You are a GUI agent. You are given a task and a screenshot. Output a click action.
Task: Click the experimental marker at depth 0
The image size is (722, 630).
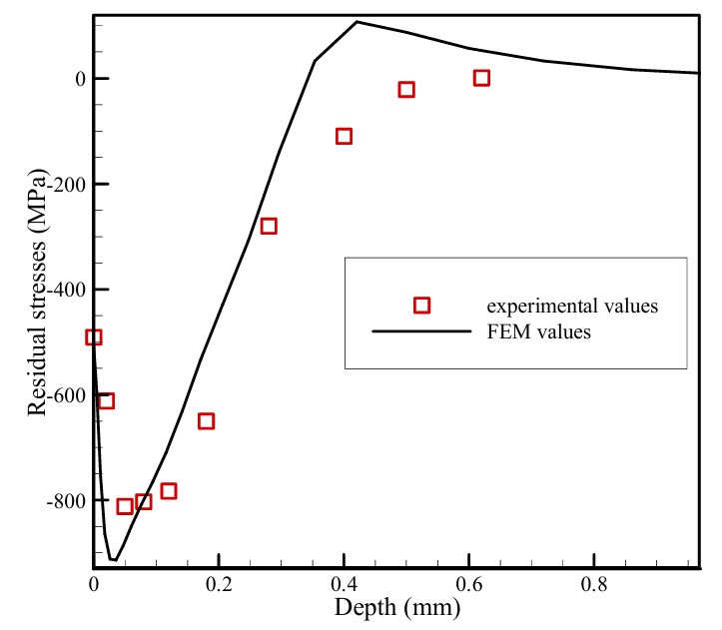(x=94, y=337)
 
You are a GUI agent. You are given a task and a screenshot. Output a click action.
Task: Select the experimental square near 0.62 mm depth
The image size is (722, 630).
(x=481, y=78)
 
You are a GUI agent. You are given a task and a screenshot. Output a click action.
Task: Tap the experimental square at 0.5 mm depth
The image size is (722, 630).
(x=406, y=90)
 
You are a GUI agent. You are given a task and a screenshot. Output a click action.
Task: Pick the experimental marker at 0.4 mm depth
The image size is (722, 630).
(x=345, y=136)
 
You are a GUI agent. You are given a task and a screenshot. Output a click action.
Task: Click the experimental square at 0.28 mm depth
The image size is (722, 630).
(x=269, y=226)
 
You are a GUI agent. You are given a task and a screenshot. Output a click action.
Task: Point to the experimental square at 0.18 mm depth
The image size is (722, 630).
(x=206, y=421)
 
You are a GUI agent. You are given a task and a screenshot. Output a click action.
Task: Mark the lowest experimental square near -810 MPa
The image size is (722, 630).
(x=125, y=506)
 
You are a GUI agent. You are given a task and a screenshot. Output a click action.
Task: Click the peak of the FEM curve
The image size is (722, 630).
(x=358, y=22)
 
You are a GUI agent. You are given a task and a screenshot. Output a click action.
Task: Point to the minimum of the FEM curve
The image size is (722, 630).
(x=113, y=559)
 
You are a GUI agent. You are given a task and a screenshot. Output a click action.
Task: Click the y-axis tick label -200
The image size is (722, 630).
(x=63, y=185)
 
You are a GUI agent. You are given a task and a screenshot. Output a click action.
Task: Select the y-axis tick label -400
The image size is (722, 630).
(x=63, y=290)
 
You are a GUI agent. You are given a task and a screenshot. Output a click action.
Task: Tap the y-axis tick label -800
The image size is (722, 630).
(x=63, y=500)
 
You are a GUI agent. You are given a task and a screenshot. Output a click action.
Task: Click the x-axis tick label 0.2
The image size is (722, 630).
(x=219, y=584)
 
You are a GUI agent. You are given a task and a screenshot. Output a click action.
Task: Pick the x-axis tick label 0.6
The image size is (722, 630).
(x=469, y=584)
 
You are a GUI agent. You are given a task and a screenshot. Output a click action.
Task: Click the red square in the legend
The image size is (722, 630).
(x=421, y=306)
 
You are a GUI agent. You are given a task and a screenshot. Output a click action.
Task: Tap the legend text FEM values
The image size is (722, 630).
(x=540, y=331)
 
